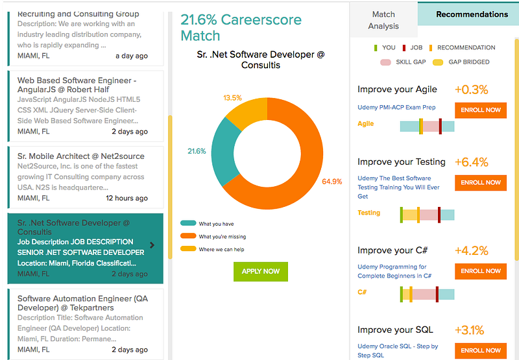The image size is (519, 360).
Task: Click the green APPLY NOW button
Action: (x=261, y=271)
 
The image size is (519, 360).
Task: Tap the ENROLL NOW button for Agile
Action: (x=481, y=110)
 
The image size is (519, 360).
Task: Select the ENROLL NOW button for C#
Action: (x=481, y=271)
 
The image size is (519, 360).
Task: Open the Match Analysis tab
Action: (x=383, y=20)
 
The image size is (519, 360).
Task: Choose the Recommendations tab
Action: (x=472, y=14)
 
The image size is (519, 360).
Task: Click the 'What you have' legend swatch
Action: (x=188, y=223)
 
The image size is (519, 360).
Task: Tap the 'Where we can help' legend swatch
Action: (x=188, y=249)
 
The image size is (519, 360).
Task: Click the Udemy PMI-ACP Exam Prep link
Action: (x=396, y=107)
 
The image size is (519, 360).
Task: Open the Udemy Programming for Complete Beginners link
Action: (x=394, y=271)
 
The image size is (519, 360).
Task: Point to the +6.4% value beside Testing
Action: (x=472, y=162)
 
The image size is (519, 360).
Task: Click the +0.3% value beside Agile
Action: (x=472, y=90)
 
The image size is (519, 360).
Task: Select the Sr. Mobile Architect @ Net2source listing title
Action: (x=80, y=156)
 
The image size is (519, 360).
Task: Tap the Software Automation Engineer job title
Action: (x=83, y=303)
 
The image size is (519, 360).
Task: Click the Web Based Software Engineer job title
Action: (x=77, y=85)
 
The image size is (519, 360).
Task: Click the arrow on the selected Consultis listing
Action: (x=152, y=245)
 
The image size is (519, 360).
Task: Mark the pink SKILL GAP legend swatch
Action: (x=385, y=62)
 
